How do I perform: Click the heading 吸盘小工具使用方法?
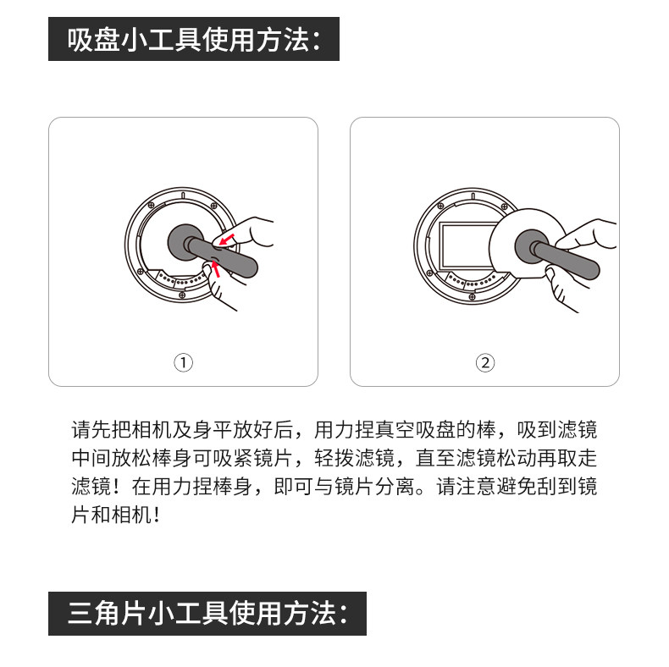tap(193, 40)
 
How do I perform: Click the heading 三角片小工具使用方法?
tap(207, 614)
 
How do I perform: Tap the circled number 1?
tap(184, 363)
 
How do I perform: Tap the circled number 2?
tap(485, 363)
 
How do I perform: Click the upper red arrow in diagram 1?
tap(227, 240)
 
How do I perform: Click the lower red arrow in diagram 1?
tap(215, 268)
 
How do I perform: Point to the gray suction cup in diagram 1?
tap(185, 242)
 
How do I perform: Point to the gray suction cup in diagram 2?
tap(532, 247)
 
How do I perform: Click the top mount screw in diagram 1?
tap(151, 206)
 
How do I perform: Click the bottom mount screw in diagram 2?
tap(472, 297)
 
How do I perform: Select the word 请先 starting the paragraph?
tap(91, 429)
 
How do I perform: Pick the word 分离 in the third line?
tap(395, 487)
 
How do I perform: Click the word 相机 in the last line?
tap(132, 515)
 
